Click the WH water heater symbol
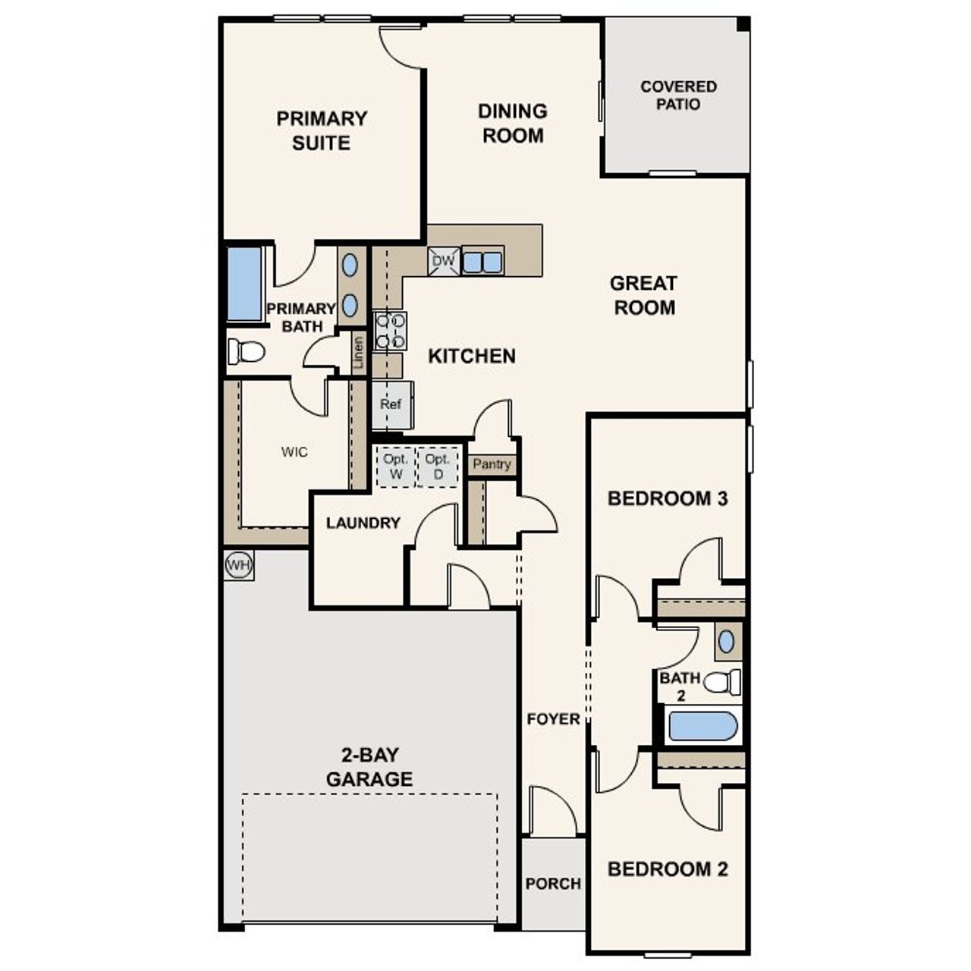point(238,565)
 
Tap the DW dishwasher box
point(443,262)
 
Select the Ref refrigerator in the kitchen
point(391,404)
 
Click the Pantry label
point(492,464)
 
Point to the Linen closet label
point(359,353)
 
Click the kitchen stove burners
point(391,331)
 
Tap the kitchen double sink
point(482,262)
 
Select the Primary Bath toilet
point(246,352)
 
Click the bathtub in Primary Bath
point(244,284)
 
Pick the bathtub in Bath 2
point(703,726)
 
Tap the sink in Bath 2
point(727,642)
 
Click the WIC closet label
point(294,452)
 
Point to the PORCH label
point(553,884)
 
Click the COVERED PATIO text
point(678,96)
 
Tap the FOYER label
point(553,719)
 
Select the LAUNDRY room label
point(363,523)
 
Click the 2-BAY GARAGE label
point(369,767)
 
